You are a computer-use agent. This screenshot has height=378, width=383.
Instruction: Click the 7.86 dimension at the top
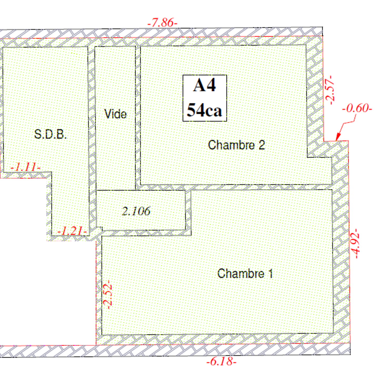[162, 23]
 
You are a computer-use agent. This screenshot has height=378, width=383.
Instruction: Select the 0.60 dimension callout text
[357, 108]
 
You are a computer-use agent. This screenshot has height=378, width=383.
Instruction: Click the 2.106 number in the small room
[136, 211]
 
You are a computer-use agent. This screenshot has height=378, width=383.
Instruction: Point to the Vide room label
[115, 114]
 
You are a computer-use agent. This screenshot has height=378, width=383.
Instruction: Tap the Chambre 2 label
[236, 145]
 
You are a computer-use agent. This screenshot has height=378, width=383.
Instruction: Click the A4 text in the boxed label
[204, 86]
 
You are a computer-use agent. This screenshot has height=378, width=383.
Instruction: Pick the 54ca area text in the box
[204, 110]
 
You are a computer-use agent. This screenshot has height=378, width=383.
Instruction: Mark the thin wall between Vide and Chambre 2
[138, 117]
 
